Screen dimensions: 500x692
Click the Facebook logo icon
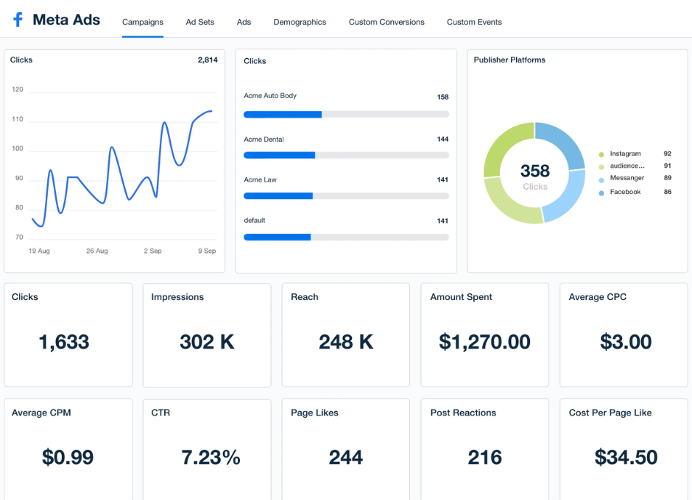tap(18, 20)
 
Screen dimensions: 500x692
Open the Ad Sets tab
tap(200, 22)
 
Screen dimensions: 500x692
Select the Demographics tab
tap(300, 22)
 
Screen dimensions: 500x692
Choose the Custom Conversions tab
tap(386, 22)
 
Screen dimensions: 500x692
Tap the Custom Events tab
tap(474, 22)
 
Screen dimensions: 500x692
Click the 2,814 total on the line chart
tap(208, 60)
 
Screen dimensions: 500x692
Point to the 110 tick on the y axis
tap(18, 119)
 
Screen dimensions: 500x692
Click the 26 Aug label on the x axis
tap(96, 251)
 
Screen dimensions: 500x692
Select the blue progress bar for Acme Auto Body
tap(283, 115)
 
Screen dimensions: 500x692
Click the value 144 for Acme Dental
tap(442, 139)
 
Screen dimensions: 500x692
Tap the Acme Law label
tap(260, 179)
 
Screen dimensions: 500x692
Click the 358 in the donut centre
tap(534, 171)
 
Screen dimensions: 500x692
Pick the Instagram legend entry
tap(625, 154)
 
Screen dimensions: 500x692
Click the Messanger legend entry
tap(626, 178)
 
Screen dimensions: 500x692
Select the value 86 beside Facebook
tap(668, 192)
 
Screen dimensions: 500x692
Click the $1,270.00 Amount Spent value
tap(484, 342)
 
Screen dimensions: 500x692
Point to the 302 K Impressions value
tap(207, 342)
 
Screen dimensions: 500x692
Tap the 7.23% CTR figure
tap(211, 457)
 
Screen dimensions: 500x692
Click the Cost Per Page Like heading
tap(610, 413)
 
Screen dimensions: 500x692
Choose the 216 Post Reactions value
tap(484, 457)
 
